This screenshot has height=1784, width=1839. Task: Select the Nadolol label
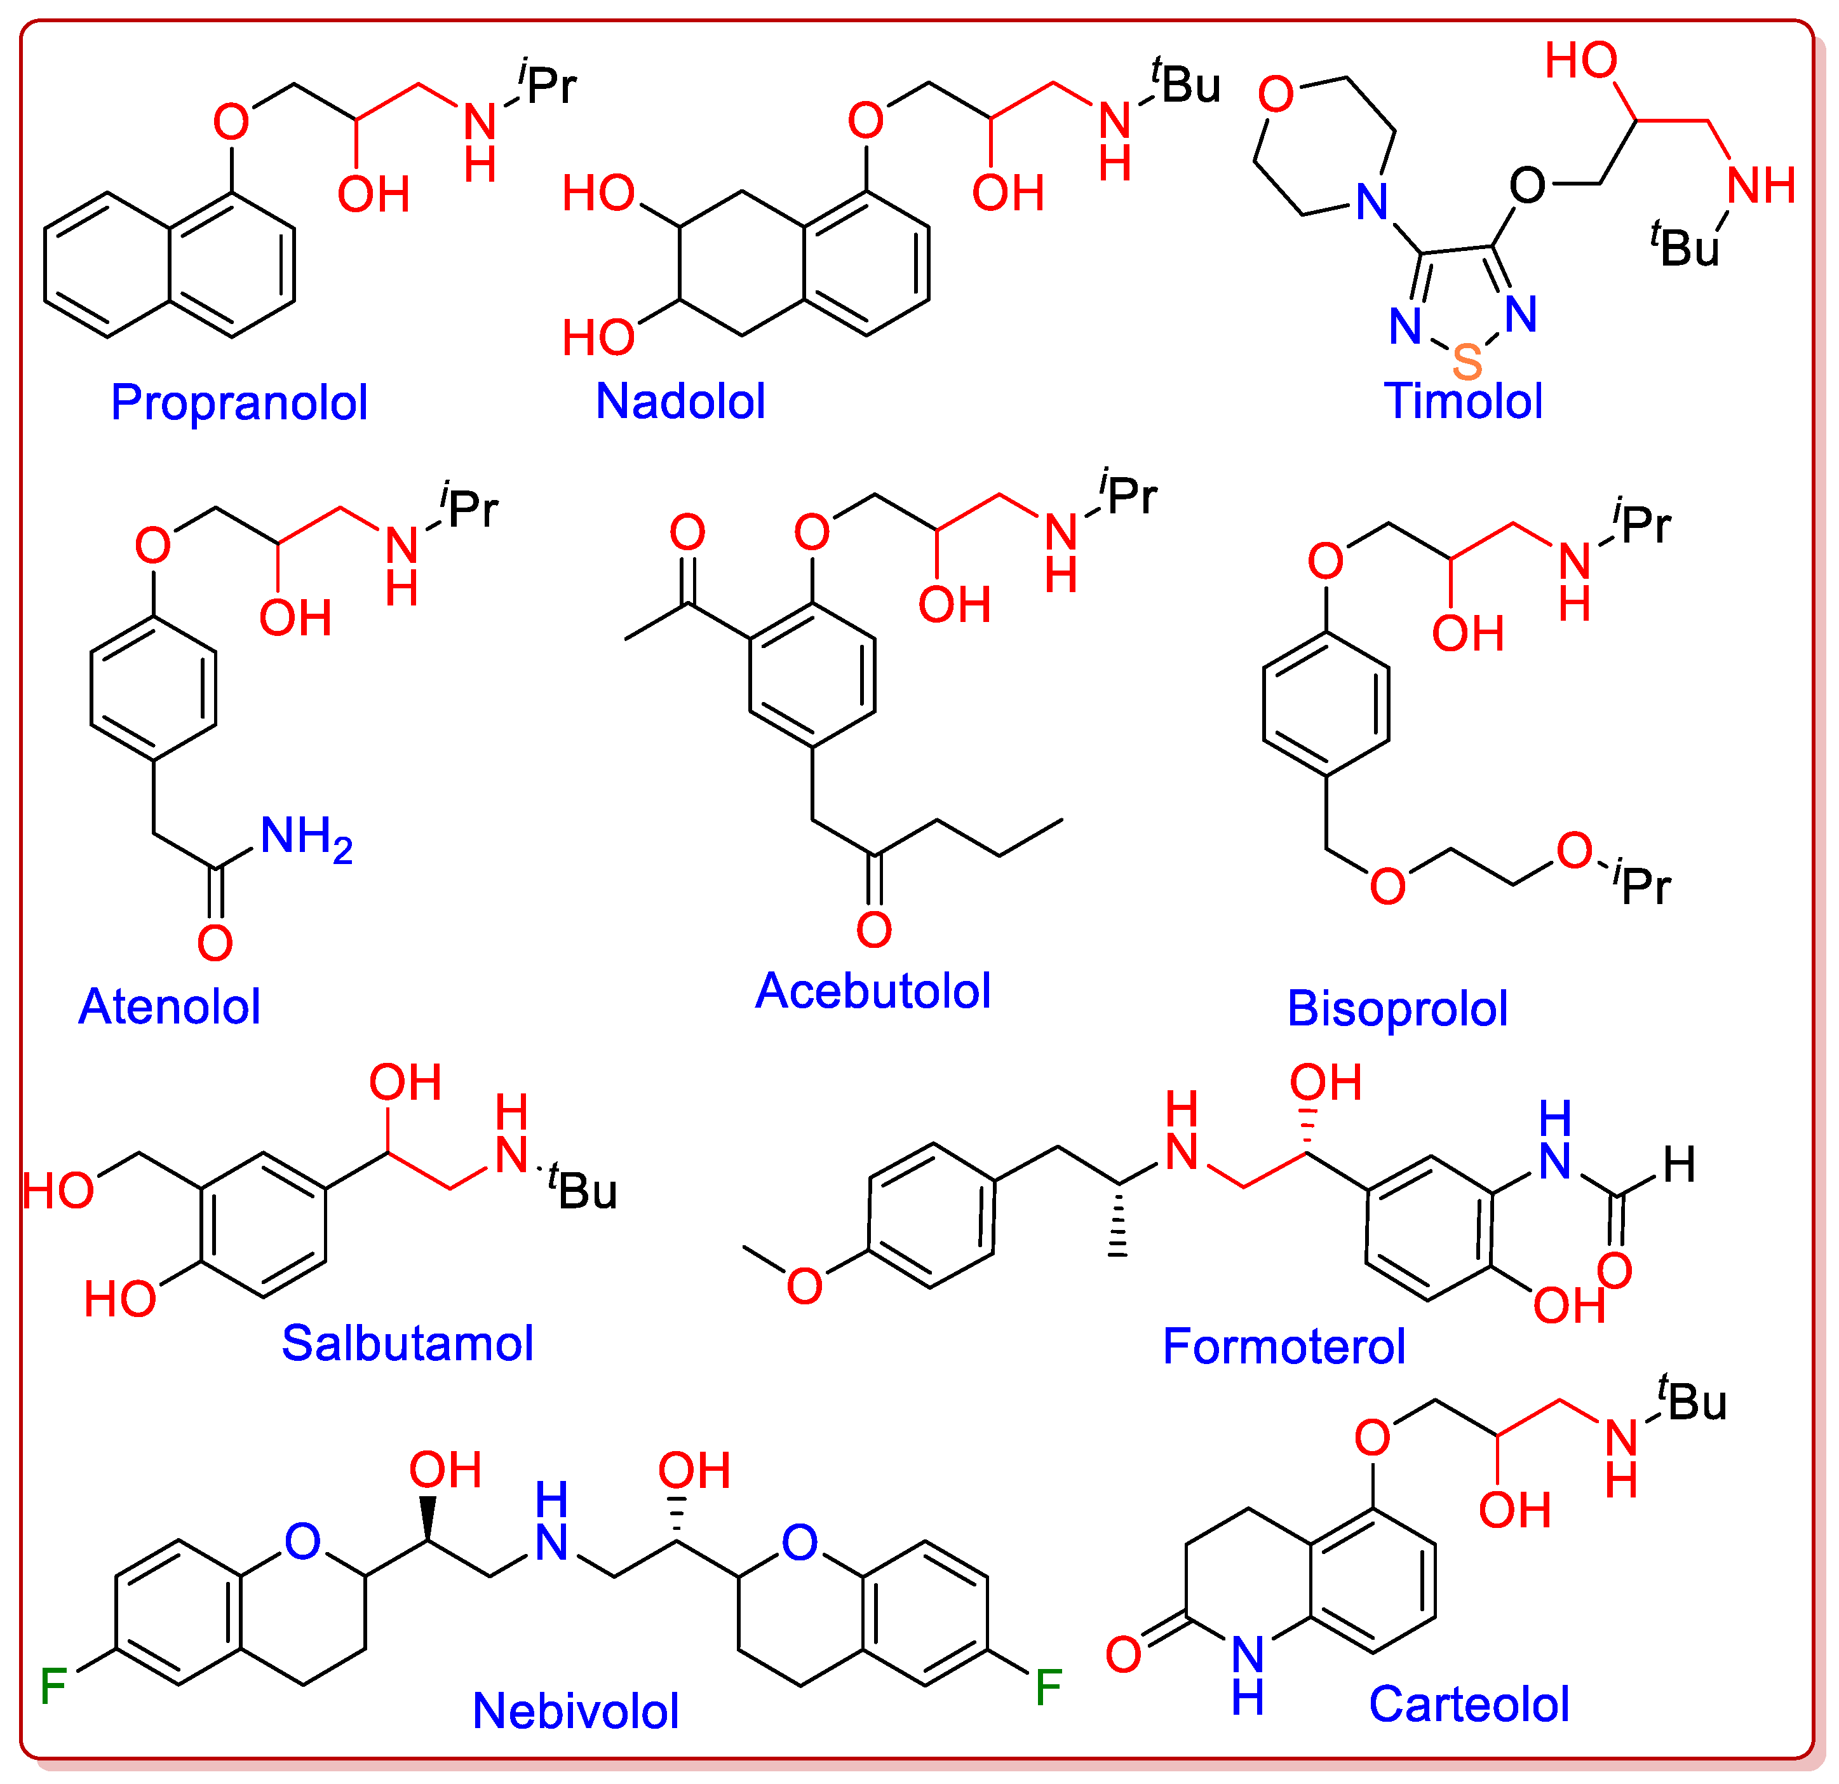pos(680,401)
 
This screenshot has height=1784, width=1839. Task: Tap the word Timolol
pos(1463,401)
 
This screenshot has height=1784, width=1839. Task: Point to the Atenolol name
pos(169,1006)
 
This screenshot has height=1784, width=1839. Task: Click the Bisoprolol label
pos(1397,1008)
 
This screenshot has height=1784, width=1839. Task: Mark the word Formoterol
pos(1284,1346)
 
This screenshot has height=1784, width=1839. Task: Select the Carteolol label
pos(1469,1703)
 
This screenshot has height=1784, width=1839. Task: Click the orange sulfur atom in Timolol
pos(1467,362)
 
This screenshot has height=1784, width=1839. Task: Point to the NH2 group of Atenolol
pos(305,837)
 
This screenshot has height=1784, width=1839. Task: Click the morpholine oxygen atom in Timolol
pos(1276,94)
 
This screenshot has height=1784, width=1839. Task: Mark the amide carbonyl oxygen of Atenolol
pos(215,942)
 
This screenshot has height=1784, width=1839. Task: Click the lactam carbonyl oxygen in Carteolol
pos(1123,1654)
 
